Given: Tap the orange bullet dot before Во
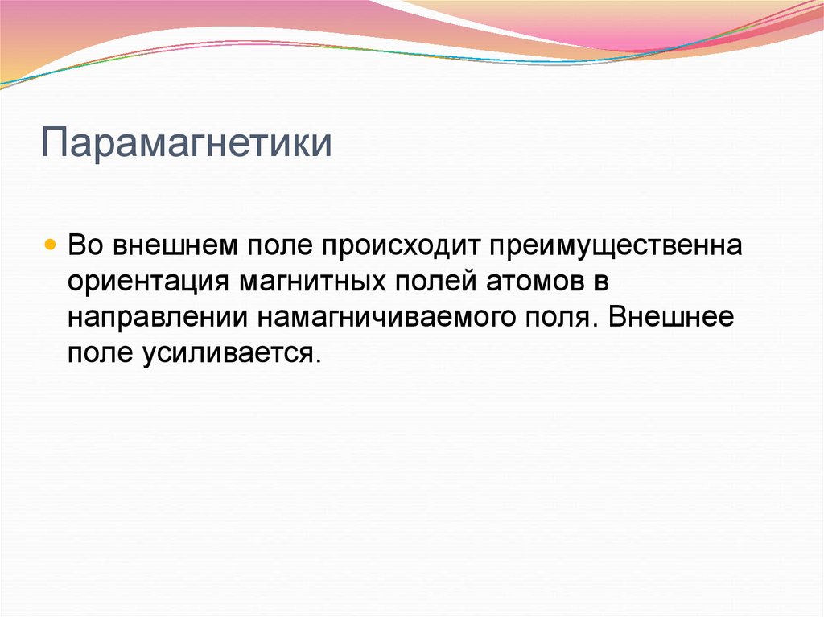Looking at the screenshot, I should pyautogui.click(x=51, y=243).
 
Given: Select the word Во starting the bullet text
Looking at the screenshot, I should pyautogui.click(x=85, y=245).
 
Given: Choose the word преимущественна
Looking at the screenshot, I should pyautogui.click(x=613, y=245).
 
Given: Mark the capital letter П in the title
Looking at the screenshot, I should pyautogui.click(x=53, y=142).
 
